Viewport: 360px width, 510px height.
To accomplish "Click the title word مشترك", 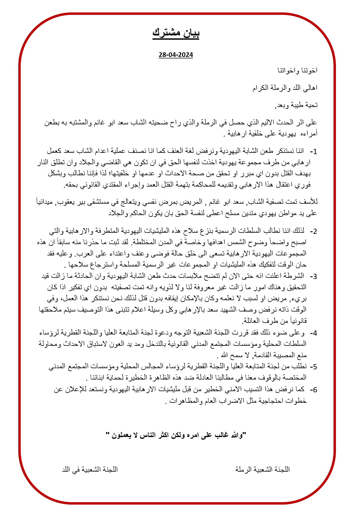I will (167, 33).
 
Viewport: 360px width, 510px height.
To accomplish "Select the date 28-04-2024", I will (176, 55).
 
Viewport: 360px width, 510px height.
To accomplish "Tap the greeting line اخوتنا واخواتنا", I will (297, 71).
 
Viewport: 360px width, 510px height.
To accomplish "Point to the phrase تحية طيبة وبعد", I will (296, 105).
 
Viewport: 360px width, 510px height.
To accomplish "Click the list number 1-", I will (314, 151).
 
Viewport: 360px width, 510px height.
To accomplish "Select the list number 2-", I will (314, 232).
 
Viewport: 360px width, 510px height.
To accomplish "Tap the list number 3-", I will (314, 276).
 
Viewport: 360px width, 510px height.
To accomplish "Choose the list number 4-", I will (314, 333).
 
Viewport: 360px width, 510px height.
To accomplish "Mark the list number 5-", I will (314, 367).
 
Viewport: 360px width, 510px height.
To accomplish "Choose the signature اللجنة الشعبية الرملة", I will (263, 469).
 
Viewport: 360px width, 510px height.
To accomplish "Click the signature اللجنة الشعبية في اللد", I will (90, 469).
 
